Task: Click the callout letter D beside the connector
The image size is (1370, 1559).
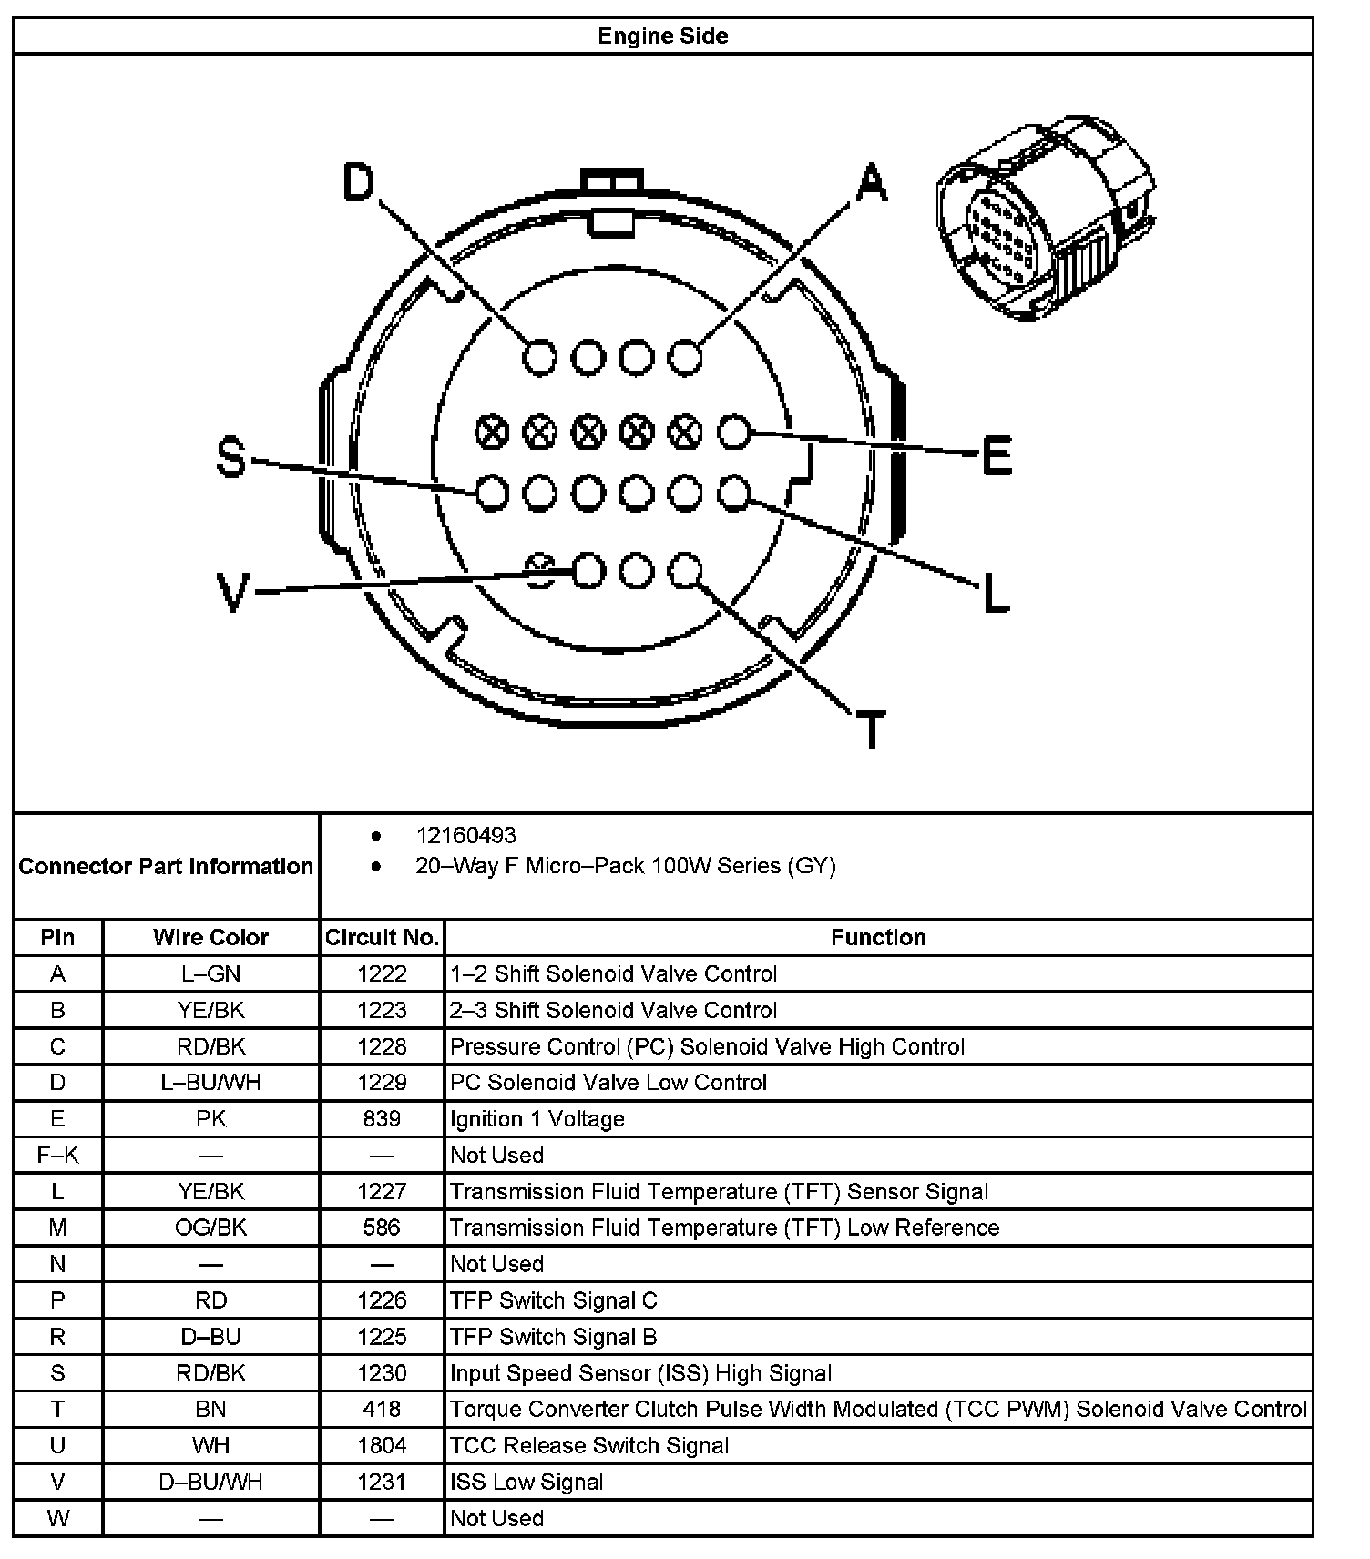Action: pyautogui.click(x=359, y=182)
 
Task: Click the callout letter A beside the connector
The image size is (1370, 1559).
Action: pyautogui.click(x=871, y=182)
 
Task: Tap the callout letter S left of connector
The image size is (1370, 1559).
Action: pyautogui.click(x=231, y=457)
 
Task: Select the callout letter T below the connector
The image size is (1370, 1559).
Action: pyautogui.click(x=872, y=729)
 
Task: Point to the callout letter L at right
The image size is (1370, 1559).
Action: pyautogui.click(x=997, y=593)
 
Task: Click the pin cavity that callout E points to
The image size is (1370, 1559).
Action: pyautogui.click(x=734, y=433)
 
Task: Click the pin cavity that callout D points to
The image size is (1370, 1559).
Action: pyautogui.click(x=539, y=356)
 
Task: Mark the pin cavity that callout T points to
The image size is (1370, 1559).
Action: pyautogui.click(x=685, y=571)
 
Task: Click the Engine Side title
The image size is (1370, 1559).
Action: pyautogui.click(x=662, y=36)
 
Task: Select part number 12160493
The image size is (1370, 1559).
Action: pyautogui.click(x=465, y=835)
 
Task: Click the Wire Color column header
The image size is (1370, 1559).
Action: pyautogui.click(x=210, y=937)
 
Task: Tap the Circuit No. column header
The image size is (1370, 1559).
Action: pyautogui.click(x=382, y=937)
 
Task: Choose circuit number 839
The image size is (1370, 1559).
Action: pyautogui.click(x=382, y=1118)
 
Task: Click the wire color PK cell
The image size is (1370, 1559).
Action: pyautogui.click(x=210, y=1118)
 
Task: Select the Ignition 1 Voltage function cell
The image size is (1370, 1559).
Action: pyautogui.click(x=537, y=1118)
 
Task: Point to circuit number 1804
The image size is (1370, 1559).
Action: pyautogui.click(x=382, y=1445)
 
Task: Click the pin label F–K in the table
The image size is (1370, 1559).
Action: pyautogui.click(x=57, y=1155)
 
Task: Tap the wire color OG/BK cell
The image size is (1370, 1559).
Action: pyautogui.click(x=210, y=1228)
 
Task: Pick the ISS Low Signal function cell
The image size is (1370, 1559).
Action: pyautogui.click(x=527, y=1482)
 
